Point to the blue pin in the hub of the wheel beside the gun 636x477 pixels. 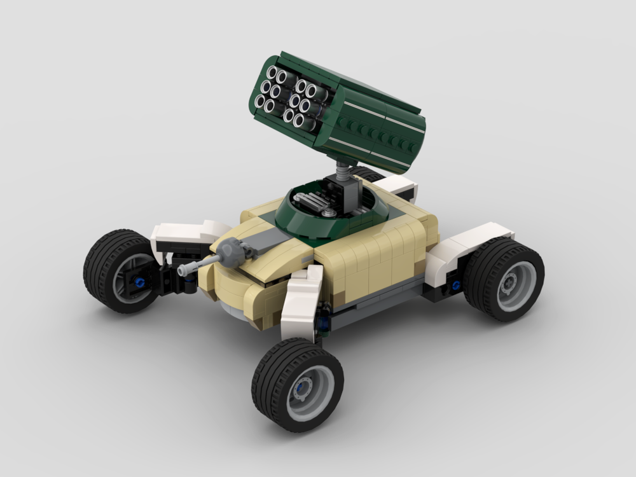[x=138, y=280]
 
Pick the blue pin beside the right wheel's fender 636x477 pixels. [x=455, y=285]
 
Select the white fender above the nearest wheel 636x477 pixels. [x=303, y=300]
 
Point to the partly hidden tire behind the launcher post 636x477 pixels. [x=369, y=174]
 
